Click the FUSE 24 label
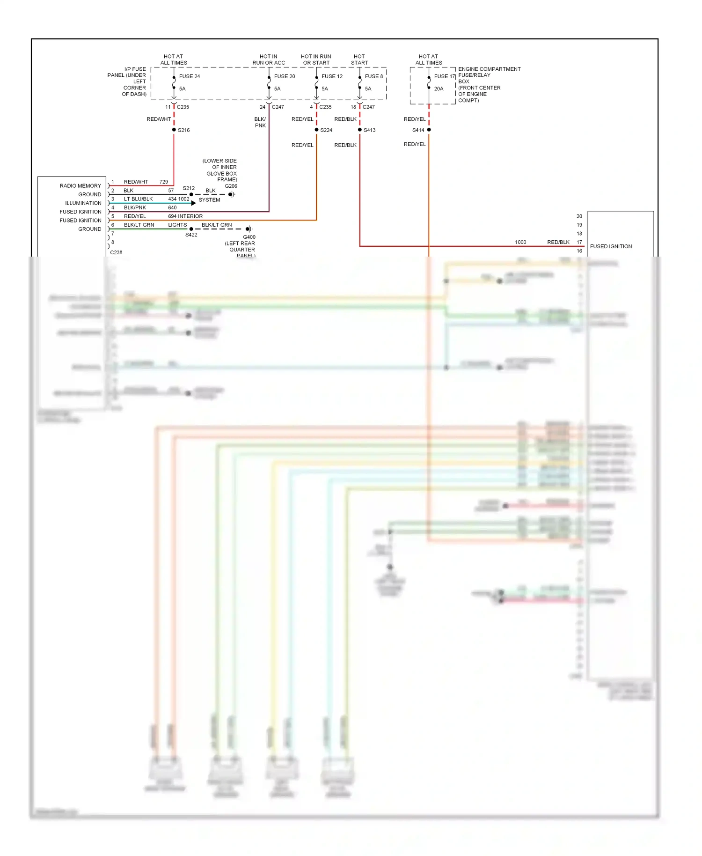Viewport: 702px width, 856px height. pyautogui.click(x=189, y=76)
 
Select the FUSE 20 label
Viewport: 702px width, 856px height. pyautogui.click(x=284, y=76)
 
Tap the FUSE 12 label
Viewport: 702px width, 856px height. pyautogui.click(x=332, y=76)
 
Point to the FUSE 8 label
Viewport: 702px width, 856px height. pyautogui.click(x=373, y=76)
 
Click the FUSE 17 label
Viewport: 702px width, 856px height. pyautogui.click(x=444, y=76)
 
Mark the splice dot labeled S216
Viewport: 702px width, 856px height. pyautogui.click(x=174, y=130)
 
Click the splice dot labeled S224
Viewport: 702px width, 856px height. pyautogui.click(x=316, y=130)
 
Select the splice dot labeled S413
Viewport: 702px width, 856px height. pyautogui.click(x=359, y=130)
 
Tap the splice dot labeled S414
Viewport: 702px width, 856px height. pyautogui.click(x=429, y=130)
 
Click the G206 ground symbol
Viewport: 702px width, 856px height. pyautogui.click(x=232, y=194)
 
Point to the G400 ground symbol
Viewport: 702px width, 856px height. pyautogui.click(x=249, y=229)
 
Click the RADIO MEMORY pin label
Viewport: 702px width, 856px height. pyautogui.click(x=80, y=186)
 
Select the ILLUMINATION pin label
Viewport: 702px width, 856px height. pyautogui.click(x=83, y=203)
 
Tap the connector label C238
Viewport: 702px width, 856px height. pyautogui.click(x=116, y=252)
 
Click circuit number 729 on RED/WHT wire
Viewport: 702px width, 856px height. pyautogui.click(x=163, y=182)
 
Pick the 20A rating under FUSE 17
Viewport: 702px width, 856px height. pyautogui.click(x=438, y=89)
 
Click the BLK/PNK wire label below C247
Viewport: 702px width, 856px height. pyautogui.click(x=260, y=122)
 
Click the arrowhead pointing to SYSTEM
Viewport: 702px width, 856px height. pyautogui.click(x=193, y=203)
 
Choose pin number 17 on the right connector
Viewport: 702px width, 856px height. pyautogui.click(x=579, y=242)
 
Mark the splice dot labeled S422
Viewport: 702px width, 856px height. pyautogui.click(x=191, y=229)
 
